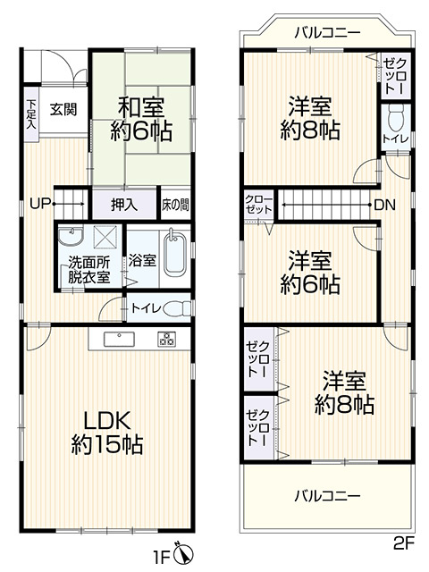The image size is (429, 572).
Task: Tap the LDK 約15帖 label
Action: click(107, 431)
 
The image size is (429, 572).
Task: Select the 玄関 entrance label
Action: click(63, 109)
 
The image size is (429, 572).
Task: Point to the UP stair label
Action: click(38, 203)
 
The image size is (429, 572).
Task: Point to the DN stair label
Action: click(384, 205)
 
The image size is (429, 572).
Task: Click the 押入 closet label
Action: click(124, 204)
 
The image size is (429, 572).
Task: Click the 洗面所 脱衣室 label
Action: click(89, 269)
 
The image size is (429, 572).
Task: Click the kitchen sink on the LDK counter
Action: click(119, 339)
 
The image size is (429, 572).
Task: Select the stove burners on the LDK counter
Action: click(168, 339)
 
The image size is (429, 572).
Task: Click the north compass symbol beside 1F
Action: click(182, 554)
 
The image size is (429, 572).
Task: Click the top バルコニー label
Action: click(326, 33)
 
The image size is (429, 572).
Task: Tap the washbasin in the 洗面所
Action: click(70, 236)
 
